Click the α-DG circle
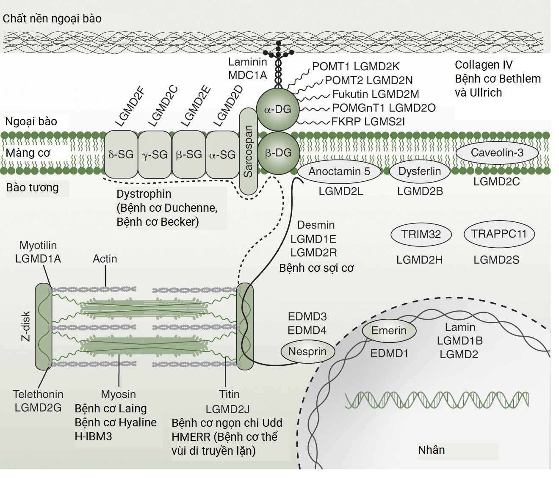click(x=278, y=109)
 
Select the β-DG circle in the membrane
click(x=278, y=153)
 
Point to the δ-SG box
click(x=121, y=155)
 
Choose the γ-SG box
click(x=155, y=155)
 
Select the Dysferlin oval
click(x=420, y=171)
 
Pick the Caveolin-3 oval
click(x=497, y=152)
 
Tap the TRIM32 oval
click(x=421, y=234)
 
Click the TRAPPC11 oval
click(x=498, y=234)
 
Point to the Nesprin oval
click(x=307, y=351)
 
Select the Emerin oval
click(x=389, y=330)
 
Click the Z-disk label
click(x=26, y=326)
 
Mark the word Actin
click(x=105, y=259)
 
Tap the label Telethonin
click(x=38, y=394)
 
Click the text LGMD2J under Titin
click(x=227, y=409)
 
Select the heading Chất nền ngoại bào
click(x=52, y=19)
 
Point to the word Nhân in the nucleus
click(x=431, y=450)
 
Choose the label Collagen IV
click(x=484, y=65)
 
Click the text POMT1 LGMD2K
click(x=356, y=66)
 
